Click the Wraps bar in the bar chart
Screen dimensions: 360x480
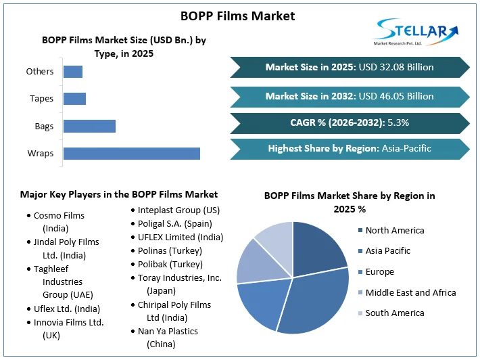pos(132,153)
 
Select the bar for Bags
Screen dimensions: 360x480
pos(89,126)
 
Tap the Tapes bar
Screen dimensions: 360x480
pos(74,99)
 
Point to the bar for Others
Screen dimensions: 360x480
pos(73,71)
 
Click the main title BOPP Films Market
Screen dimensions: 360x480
pos(238,16)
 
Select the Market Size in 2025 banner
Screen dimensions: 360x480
pos(349,67)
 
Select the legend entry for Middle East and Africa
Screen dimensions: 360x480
pos(410,292)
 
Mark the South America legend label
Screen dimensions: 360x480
pos(395,313)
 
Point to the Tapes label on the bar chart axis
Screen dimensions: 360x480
pos(41,99)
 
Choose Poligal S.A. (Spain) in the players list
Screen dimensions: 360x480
pos(175,223)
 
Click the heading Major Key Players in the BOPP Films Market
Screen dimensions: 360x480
pos(119,194)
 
